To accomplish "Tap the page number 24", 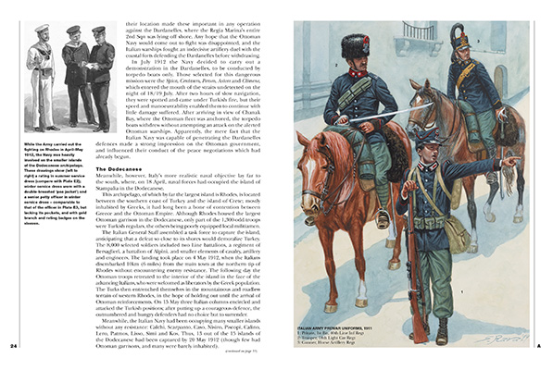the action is (x=14, y=346).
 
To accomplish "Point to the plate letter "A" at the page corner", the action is (x=539, y=346).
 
